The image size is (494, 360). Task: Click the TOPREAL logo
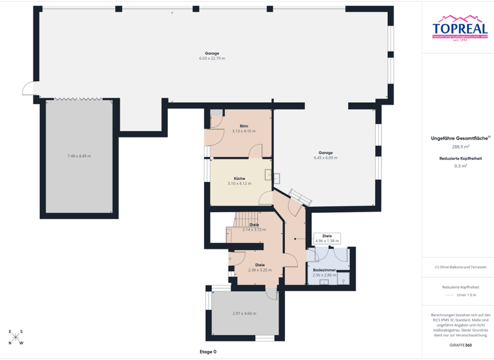tap(459, 28)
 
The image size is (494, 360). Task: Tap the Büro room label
tap(244, 126)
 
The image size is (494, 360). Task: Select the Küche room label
tap(239, 178)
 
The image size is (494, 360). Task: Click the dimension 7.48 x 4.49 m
tap(79, 156)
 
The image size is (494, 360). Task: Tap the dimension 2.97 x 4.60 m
tap(244, 313)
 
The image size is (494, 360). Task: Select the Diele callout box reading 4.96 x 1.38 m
tap(327, 239)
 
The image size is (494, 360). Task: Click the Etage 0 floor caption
tap(208, 352)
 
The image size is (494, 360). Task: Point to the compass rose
tap(16, 337)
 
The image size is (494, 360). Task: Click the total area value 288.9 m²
tap(461, 147)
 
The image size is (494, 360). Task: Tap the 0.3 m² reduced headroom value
tap(461, 166)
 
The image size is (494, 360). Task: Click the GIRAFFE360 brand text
tap(461, 345)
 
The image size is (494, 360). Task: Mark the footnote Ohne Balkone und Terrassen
tap(461, 267)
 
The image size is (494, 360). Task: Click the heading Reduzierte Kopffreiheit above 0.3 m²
tap(461, 158)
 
